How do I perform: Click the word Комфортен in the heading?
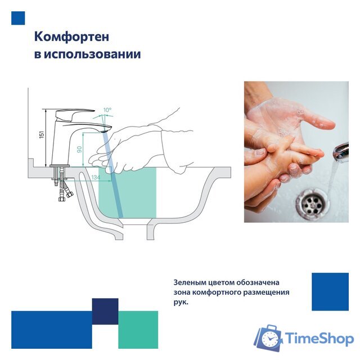(x=71, y=37)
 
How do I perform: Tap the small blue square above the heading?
(x=19, y=18)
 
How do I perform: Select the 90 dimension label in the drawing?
(x=79, y=150)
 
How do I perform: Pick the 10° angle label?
(x=107, y=110)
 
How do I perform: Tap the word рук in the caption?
(x=181, y=303)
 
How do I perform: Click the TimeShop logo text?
(x=319, y=339)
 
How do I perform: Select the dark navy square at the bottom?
(x=105, y=312)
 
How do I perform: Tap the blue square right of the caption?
(x=330, y=291)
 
